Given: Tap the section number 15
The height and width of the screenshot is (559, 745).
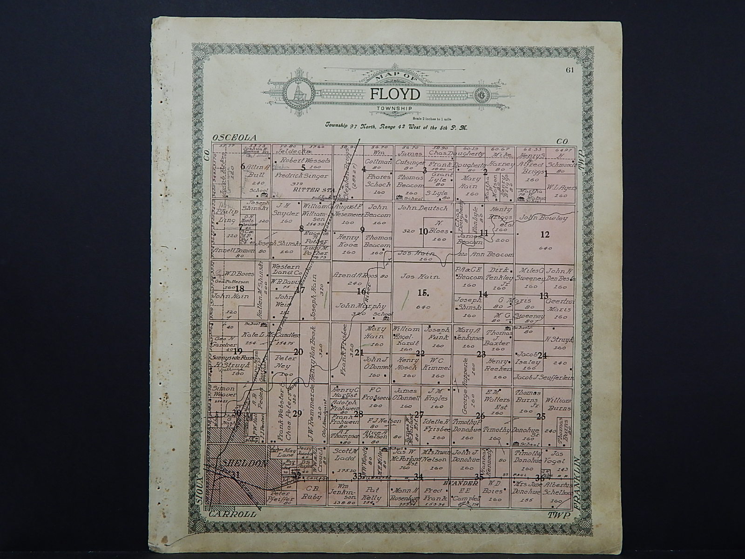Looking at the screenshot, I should (x=422, y=293).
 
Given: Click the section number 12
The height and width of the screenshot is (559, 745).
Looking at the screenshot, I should (x=545, y=234).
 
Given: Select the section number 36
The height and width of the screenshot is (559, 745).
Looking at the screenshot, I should (x=540, y=477).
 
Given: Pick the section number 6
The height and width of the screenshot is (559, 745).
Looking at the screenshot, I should (x=242, y=167).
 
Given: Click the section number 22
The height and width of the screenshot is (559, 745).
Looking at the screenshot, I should (x=420, y=353).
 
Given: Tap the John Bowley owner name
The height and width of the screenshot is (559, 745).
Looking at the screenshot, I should (x=543, y=218).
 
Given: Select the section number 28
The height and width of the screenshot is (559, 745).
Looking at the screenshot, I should (x=358, y=414).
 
